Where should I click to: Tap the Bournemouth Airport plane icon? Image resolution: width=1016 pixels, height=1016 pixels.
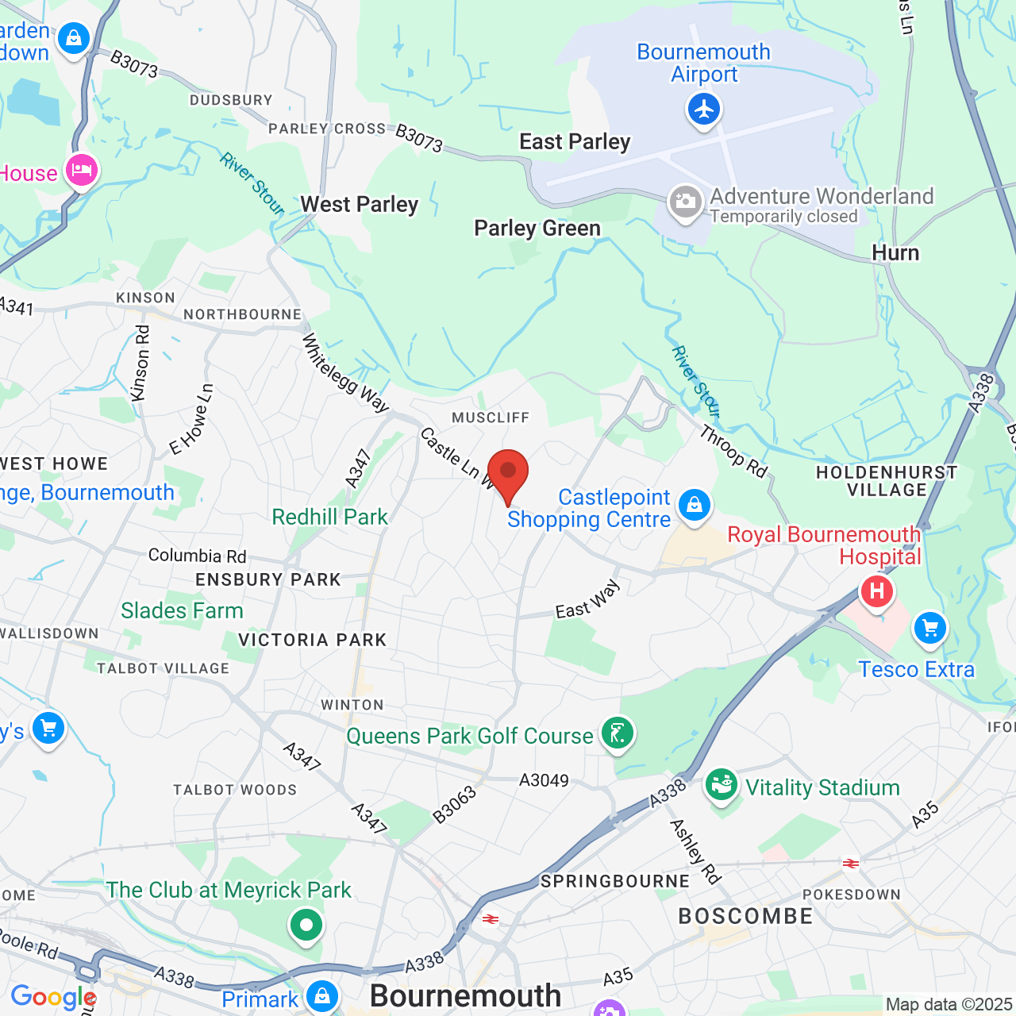tap(704, 109)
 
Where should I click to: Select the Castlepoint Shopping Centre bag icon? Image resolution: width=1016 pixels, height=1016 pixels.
tap(695, 505)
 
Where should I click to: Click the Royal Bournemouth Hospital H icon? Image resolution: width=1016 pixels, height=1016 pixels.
tap(877, 591)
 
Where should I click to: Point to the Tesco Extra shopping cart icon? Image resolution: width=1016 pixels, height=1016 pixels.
tap(929, 629)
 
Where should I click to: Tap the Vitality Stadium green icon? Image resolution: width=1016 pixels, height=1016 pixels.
tap(722, 785)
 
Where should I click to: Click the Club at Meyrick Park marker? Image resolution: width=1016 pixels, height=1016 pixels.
tap(306, 925)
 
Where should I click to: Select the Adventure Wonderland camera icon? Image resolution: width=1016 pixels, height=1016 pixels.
tap(684, 202)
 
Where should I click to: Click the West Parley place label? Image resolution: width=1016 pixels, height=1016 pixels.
tap(360, 205)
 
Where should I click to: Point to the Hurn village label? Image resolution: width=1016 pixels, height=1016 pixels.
tap(895, 253)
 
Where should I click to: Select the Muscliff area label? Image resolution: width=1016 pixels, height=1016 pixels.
tap(491, 418)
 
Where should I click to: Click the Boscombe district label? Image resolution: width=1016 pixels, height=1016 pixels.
tap(746, 916)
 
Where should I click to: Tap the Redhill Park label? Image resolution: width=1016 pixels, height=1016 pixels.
tap(330, 518)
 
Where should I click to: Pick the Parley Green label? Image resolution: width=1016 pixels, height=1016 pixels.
tap(537, 229)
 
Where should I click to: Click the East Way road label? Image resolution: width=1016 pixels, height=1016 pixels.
tap(587, 599)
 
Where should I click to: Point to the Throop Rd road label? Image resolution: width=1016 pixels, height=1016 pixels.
tap(733, 452)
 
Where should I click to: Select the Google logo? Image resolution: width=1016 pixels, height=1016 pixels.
tap(52, 997)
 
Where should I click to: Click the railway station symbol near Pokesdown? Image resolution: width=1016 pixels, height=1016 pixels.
tap(851, 864)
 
